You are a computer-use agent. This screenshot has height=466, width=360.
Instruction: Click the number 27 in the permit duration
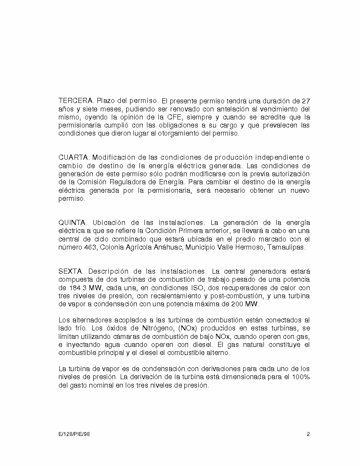pyautogui.click(x=305, y=101)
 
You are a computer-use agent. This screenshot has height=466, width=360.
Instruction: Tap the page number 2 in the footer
pyautogui.click(x=308, y=434)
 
